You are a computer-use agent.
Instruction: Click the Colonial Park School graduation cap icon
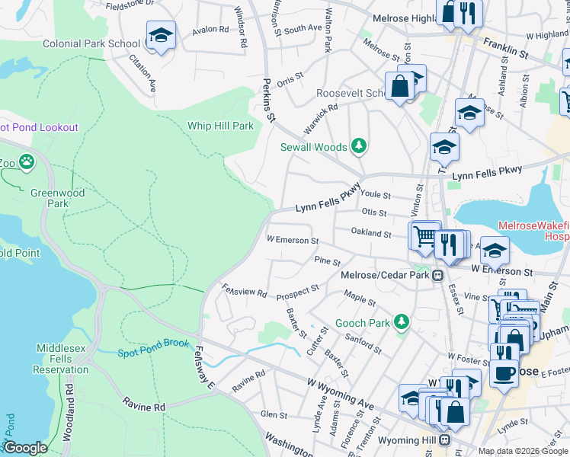point(161,36)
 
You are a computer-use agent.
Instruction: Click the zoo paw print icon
point(27,161)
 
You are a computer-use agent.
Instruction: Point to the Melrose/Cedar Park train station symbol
point(439,275)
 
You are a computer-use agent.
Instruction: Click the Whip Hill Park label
point(220,126)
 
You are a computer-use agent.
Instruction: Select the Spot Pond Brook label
point(152,348)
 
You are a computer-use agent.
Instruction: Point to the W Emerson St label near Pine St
point(292,241)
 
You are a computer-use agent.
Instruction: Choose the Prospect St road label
point(297,291)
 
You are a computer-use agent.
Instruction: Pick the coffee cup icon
point(503,373)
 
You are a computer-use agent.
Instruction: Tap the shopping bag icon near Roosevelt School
point(399,87)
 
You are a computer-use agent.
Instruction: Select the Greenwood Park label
point(57,198)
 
